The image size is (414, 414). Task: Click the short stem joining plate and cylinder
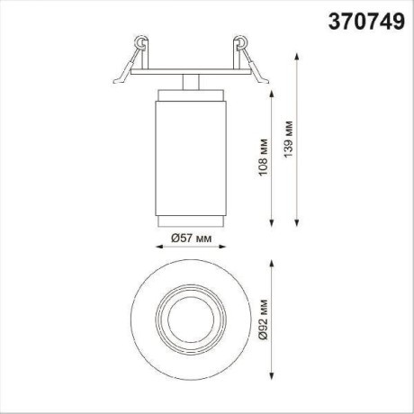[x=189, y=82]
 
